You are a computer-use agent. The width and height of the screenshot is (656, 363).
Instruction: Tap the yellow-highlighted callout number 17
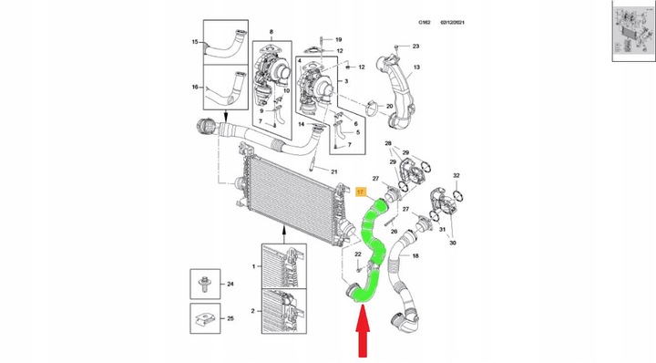point(360,192)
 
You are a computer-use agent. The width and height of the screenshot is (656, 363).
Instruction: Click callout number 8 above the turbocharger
point(272,33)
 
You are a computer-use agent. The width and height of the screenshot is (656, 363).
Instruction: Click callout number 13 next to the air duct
point(415,67)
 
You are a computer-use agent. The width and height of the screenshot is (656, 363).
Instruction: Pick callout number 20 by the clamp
point(389,107)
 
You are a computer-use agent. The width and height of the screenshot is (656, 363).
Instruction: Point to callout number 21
point(333,172)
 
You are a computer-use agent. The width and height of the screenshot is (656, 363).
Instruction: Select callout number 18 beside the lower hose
point(415,257)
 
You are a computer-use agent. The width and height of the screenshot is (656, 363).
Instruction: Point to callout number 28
point(389,144)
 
